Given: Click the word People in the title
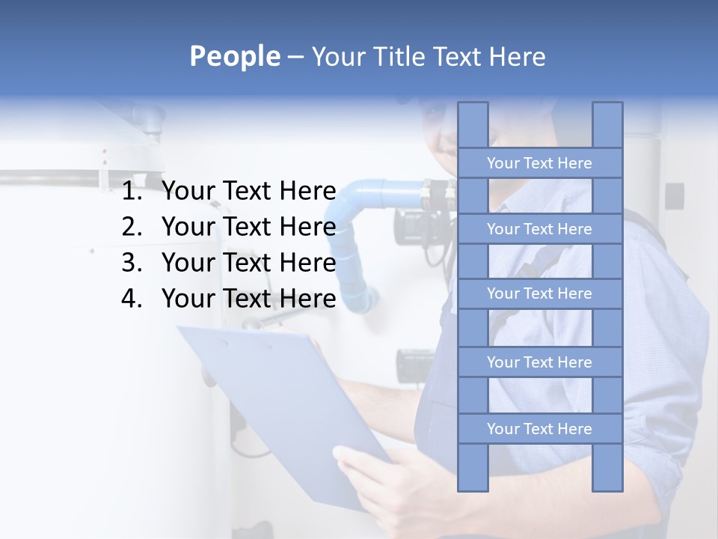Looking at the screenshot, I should click(234, 56).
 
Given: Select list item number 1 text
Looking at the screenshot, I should click(248, 192).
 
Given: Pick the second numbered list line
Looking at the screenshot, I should click(248, 227).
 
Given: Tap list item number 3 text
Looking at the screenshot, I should click(248, 263).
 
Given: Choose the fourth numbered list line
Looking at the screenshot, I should click(248, 299).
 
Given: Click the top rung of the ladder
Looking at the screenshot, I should click(539, 163).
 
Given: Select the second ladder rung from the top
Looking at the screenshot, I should click(539, 229).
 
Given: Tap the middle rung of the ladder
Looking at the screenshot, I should click(539, 293).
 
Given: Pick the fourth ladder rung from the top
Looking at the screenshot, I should click(539, 362).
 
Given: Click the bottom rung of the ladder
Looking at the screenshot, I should click(539, 429).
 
